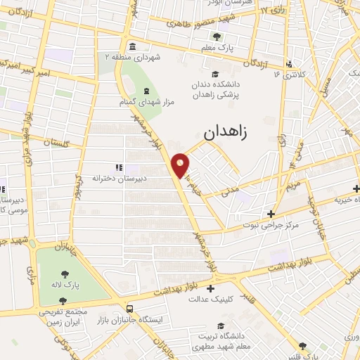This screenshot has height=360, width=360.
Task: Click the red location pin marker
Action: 181,164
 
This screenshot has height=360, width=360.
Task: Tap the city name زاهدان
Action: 229,131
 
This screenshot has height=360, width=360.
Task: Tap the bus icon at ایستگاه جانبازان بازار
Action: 129,308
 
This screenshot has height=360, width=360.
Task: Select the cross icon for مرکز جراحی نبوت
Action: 271,213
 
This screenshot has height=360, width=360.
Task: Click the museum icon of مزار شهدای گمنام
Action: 146,91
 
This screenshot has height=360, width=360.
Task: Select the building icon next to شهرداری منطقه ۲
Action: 133,46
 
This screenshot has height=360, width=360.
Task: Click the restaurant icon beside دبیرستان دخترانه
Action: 119,167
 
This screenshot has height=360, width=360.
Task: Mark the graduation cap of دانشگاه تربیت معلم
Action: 221,326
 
